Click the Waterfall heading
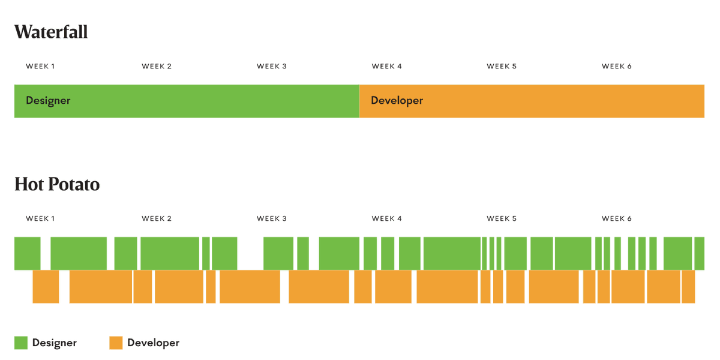pos(51,32)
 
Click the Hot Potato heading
pos(57,184)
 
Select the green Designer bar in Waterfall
pos(187,101)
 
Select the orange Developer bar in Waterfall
pos(532,101)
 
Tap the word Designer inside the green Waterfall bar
pos(48,101)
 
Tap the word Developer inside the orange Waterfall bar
pos(397,101)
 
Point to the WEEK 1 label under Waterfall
pos(40,67)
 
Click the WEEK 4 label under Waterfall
pos(386,67)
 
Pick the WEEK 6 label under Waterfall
pos(617,67)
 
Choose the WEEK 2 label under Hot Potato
pos(157,219)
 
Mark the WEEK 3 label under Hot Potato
pos(271,219)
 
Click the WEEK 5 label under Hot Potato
pos(502,219)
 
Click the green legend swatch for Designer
pos(21,343)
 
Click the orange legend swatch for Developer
pos(116,343)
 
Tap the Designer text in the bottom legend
pos(55,343)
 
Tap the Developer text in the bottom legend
pos(154,343)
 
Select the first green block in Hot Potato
pos(28,254)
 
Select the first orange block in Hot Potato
pos(46,287)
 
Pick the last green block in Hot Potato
pos(700,254)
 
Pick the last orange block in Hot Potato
pos(688,287)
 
